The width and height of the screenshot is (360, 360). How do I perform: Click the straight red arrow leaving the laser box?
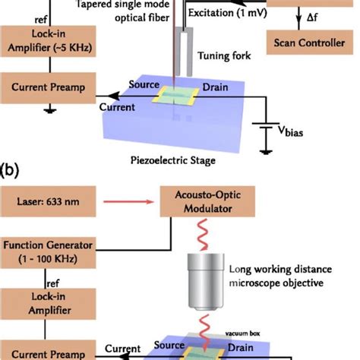(131, 204)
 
